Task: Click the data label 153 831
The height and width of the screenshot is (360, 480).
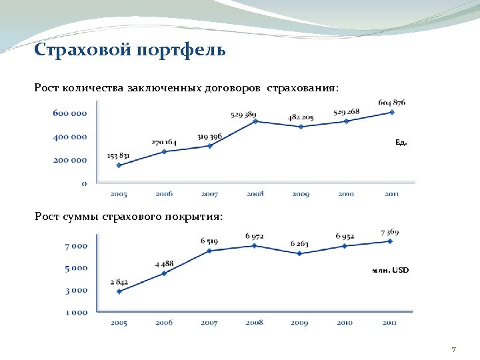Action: click(119, 156)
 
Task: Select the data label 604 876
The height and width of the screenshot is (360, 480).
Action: click(392, 103)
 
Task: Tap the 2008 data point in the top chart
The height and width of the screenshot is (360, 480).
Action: click(255, 121)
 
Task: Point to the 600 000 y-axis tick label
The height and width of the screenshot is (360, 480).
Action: click(69, 113)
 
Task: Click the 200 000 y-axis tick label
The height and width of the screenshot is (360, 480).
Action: click(69, 160)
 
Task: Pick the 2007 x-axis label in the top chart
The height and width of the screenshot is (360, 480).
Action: click(209, 194)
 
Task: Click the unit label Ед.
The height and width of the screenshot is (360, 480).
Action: click(401, 143)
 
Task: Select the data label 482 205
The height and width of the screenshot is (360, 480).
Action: click(301, 117)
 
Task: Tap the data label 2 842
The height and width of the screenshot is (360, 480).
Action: click(119, 282)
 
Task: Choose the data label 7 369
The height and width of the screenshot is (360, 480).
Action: click(390, 232)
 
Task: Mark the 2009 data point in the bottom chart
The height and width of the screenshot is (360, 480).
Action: click(300, 253)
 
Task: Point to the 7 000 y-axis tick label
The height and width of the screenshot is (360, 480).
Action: click(76, 245)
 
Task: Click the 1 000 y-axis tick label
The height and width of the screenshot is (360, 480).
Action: click(76, 311)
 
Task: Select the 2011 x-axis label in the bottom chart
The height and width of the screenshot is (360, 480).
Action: click(391, 323)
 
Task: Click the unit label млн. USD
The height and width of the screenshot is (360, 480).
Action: click(391, 270)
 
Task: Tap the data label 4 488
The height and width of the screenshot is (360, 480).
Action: click(165, 263)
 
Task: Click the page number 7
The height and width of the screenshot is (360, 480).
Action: click(453, 349)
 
